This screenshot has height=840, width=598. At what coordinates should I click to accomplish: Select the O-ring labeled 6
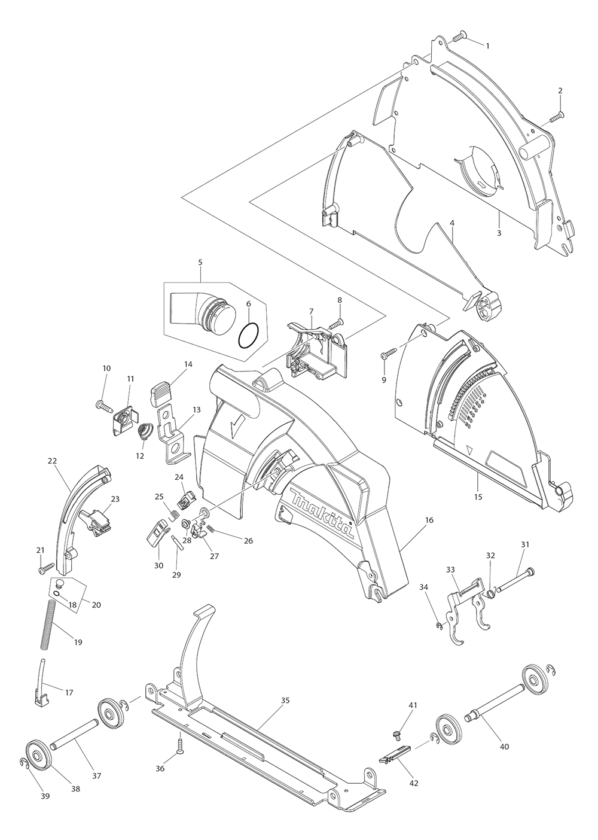click(x=249, y=336)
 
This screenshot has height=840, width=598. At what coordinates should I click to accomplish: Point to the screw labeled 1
click(x=459, y=37)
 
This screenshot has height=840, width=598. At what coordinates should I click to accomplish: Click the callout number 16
click(x=429, y=521)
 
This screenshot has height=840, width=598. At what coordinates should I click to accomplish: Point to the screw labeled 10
click(x=104, y=406)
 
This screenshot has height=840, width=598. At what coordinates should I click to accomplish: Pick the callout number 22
click(x=52, y=461)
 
